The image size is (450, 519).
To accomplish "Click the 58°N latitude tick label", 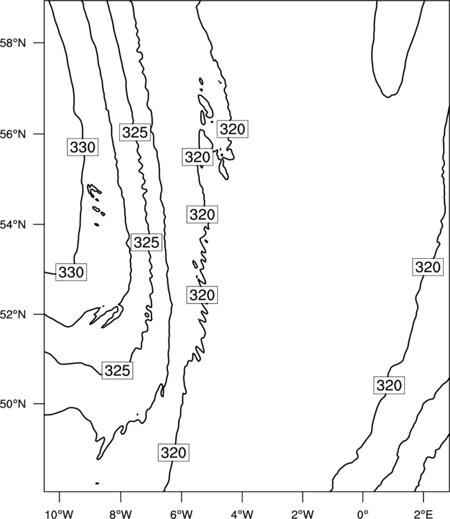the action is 13,43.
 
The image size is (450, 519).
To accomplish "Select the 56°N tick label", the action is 13,134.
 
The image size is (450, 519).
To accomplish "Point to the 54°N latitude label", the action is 13,225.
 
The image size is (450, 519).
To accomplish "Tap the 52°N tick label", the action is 13,314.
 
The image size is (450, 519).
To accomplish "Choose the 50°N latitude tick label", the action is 13,404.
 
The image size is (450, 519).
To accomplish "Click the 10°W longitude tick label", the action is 60,514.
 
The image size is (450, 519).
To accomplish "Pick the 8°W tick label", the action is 120,514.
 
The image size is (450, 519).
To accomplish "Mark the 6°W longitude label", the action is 181,514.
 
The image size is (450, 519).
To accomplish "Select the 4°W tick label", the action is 242,514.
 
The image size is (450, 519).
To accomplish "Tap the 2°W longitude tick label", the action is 303,514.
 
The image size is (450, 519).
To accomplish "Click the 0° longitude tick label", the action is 363,514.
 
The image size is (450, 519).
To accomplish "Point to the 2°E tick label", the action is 424,514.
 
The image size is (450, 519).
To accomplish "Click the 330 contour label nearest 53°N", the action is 71,272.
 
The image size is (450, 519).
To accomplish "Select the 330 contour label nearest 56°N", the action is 83,147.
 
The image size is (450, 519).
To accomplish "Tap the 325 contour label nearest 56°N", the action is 135,132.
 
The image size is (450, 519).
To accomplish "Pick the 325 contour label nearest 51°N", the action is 117,370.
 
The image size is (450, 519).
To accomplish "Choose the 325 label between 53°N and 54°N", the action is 146,242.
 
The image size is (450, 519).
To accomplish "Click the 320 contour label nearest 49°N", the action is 174,453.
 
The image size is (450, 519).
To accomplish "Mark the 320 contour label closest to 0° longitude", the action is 389,385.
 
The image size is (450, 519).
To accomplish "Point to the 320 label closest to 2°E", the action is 428,267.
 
